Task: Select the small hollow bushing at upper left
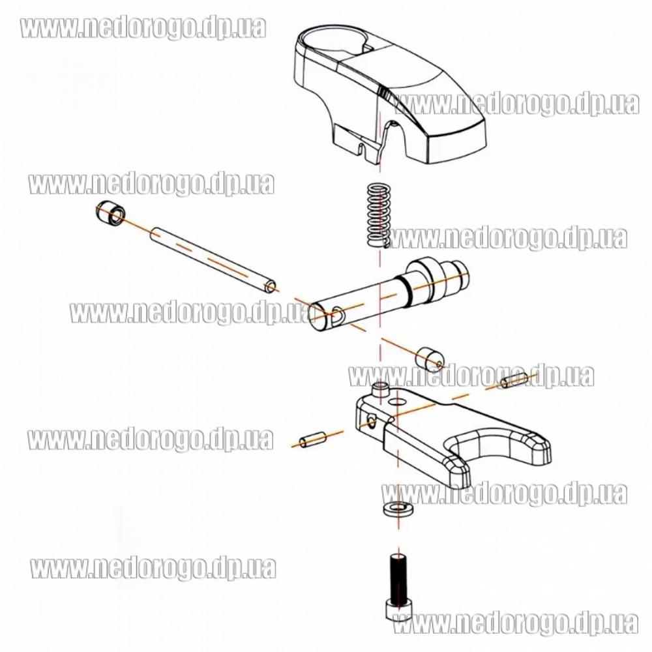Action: coord(110,214)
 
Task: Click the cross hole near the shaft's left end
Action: coord(338,314)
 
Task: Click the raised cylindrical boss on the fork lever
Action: coord(381,391)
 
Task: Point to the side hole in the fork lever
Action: coord(371,422)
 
